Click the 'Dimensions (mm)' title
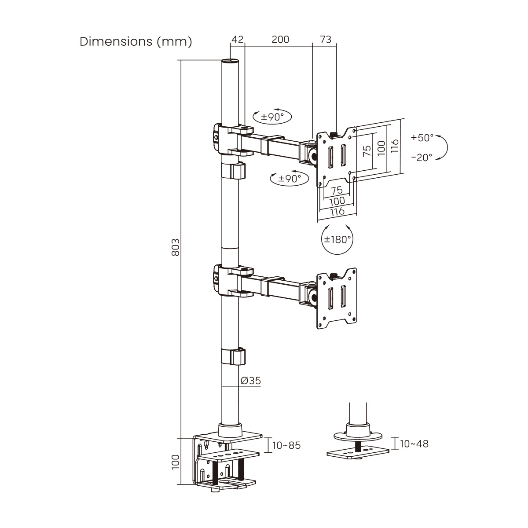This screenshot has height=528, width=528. point(136,42)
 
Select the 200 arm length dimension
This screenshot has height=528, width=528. point(280,40)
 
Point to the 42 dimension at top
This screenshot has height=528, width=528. point(238,40)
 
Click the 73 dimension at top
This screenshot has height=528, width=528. point(326,40)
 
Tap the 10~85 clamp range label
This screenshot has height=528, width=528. point(286,445)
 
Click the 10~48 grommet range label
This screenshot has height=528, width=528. point(414,444)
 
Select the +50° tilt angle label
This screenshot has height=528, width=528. point(422,138)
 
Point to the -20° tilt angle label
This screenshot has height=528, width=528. point(422,157)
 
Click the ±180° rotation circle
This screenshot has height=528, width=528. point(337,240)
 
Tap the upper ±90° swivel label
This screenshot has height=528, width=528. point(272,117)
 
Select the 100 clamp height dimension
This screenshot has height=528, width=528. point(176,461)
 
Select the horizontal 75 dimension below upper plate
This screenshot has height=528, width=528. point(337,191)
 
